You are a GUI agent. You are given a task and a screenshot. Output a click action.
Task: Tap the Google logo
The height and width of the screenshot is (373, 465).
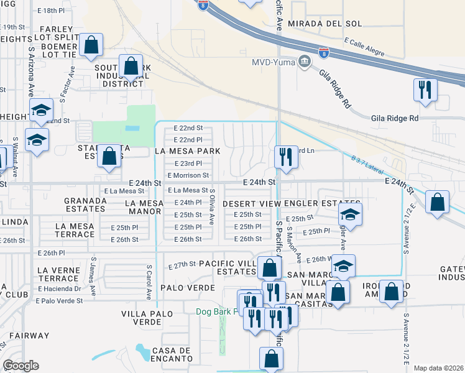tap(21, 366)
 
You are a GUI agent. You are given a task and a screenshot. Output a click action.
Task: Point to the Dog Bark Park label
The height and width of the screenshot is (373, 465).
tap(218, 311)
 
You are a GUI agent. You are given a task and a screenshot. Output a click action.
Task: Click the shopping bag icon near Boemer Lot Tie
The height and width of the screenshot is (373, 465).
tap(91, 45)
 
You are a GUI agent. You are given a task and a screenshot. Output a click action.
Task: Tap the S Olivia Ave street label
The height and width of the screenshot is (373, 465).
tap(213, 207)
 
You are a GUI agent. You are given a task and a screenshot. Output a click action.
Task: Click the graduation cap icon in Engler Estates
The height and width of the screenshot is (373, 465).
tap(350, 215)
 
